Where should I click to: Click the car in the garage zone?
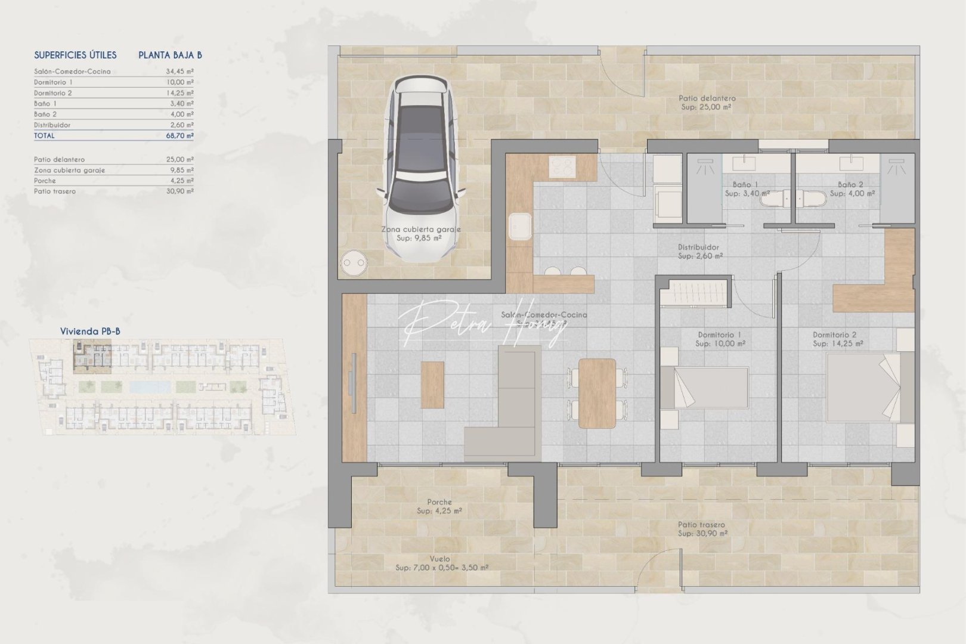(x=420, y=170)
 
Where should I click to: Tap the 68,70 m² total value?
(x=180, y=136)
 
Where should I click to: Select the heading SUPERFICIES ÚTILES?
(x=75, y=55)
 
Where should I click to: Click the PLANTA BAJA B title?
(x=170, y=55)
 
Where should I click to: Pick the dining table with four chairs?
(x=597, y=393)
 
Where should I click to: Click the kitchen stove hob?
(x=562, y=167)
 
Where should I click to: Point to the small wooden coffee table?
(x=432, y=385)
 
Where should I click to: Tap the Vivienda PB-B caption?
(x=90, y=332)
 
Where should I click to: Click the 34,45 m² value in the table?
(x=180, y=72)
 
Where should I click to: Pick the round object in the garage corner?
(x=354, y=262)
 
